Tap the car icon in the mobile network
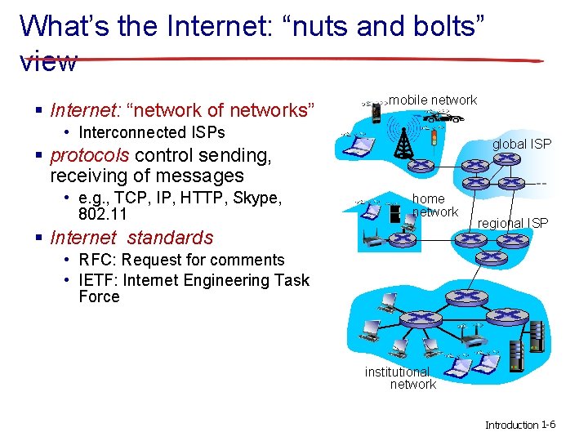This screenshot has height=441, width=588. click(x=444, y=118)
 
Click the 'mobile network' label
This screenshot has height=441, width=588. click(x=432, y=100)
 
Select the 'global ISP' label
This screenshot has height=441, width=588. click(x=521, y=144)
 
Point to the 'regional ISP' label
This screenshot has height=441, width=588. click(x=513, y=223)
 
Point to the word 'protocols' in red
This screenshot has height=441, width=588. click(x=90, y=155)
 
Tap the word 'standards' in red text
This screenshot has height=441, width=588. click(x=170, y=238)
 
